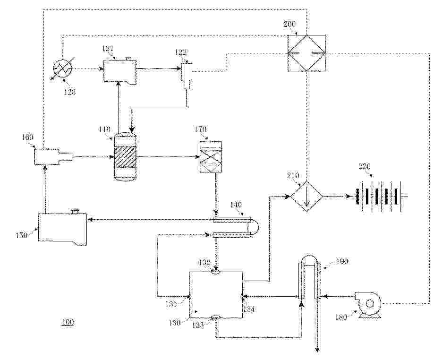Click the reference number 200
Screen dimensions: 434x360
[x=289, y=24]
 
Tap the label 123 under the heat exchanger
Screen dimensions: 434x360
[x=69, y=92]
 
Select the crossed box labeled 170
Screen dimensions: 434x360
[x=211, y=157]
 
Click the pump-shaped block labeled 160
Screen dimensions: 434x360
[x=53, y=156]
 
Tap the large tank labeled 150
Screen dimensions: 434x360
[x=62, y=229]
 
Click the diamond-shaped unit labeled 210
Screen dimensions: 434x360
[x=306, y=197]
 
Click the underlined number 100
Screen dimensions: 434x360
[x=68, y=322]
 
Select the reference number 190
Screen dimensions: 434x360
[x=342, y=261]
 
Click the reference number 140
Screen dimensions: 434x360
[x=236, y=205]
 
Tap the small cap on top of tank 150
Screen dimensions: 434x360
[x=75, y=211]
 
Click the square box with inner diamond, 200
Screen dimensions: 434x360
[x=306, y=53]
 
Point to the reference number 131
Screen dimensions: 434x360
[x=171, y=304]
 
